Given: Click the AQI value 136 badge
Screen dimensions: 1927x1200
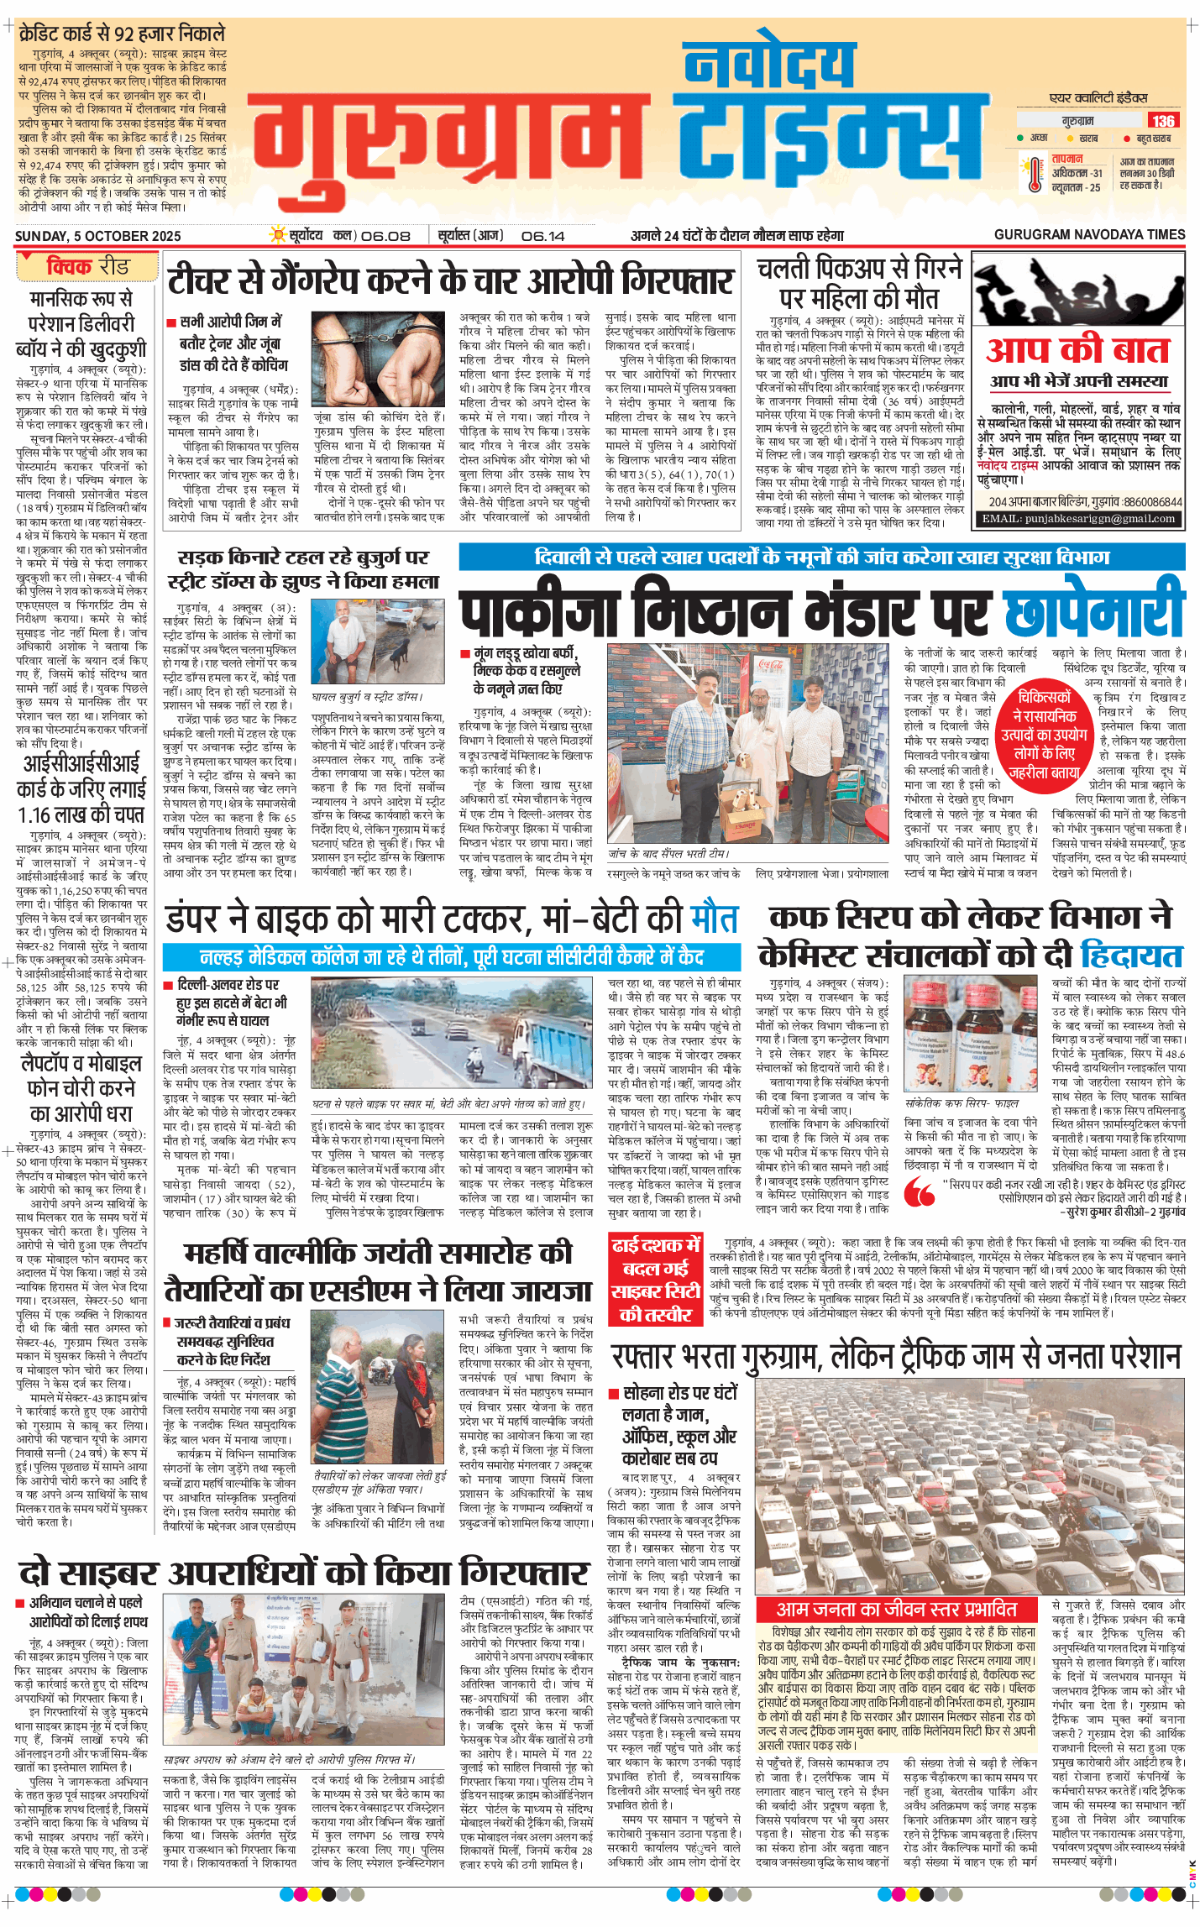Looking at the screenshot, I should point(1163,120).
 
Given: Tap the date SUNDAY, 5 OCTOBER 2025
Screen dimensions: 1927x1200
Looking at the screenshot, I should point(98,236).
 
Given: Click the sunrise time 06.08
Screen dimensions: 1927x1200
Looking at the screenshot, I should point(385,236).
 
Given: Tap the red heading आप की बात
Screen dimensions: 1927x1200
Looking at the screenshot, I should point(1077,350).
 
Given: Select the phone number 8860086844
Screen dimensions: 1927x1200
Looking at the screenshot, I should point(1152,502).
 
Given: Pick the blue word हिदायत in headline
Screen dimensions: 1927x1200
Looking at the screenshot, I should point(1132,956).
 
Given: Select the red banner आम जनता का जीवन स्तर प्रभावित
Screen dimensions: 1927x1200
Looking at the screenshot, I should point(896,1609).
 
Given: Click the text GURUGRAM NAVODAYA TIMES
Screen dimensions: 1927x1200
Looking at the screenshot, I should point(1089,235).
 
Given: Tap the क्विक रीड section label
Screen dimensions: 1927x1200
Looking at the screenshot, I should point(87,267).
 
